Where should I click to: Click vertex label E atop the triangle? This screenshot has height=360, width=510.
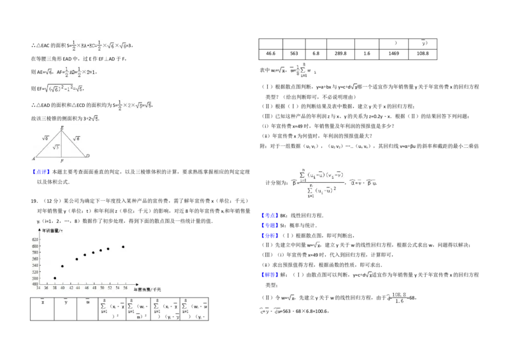pyautogui.click(x=62, y=128)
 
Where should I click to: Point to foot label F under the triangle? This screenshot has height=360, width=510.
pyautogui.click(x=62, y=162)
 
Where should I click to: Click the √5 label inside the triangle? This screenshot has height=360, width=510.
pyautogui.click(x=56, y=147)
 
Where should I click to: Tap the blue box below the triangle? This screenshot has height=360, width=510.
pyautogui.click(x=41, y=172)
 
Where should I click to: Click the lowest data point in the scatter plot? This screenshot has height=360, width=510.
pyautogui.click(x=55, y=278)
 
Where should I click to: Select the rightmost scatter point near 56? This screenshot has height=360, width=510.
pyautogui.click(x=123, y=247)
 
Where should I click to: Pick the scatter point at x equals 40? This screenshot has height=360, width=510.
pyautogui.click(x=62, y=266)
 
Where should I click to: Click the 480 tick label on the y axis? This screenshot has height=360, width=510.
pyautogui.click(x=35, y=284)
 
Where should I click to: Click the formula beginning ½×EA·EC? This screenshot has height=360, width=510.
pyautogui.click(x=99, y=46)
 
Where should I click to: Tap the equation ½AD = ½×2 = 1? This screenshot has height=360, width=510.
pyautogui.click(x=79, y=72)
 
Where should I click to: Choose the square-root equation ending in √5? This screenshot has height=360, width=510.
pyautogui.click(x=64, y=89)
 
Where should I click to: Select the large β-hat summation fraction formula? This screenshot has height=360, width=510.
pyautogui.click(x=321, y=181)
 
